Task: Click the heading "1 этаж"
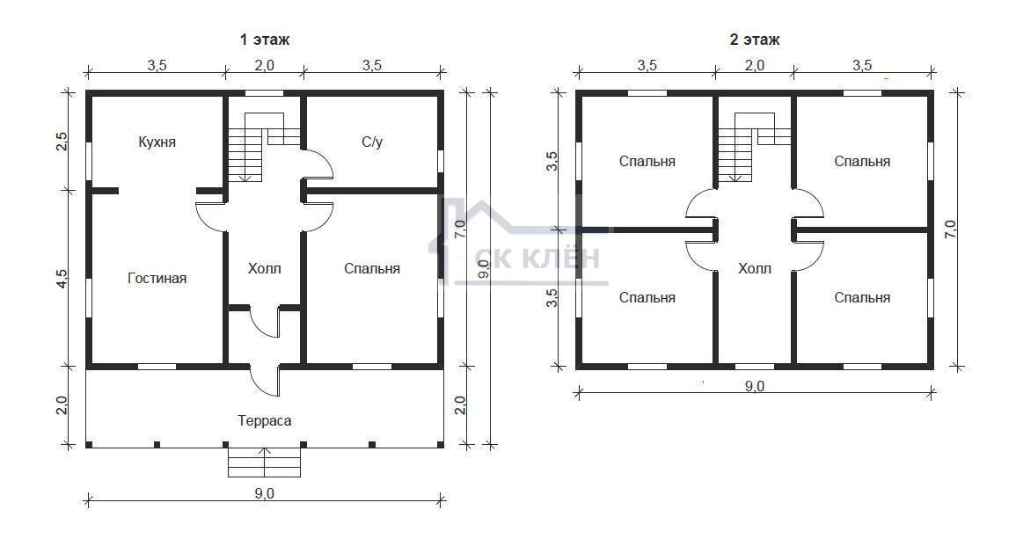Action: tap(265, 40)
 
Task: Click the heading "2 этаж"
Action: tap(755, 40)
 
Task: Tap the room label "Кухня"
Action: tap(157, 142)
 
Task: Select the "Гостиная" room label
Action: tap(157, 279)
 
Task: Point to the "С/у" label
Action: tap(372, 142)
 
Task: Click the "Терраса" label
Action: tap(265, 421)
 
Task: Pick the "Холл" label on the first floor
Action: tap(265, 268)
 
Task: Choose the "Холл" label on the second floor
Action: tap(755, 268)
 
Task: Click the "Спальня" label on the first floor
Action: tap(372, 269)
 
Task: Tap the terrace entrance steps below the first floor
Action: tap(265, 462)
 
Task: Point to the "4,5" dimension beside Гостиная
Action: tap(62, 278)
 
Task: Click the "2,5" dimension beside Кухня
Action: tap(62, 142)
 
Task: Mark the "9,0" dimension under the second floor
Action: tap(754, 387)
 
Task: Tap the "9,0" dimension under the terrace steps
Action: tap(265, 493)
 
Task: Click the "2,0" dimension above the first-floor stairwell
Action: tap(265, 65)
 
